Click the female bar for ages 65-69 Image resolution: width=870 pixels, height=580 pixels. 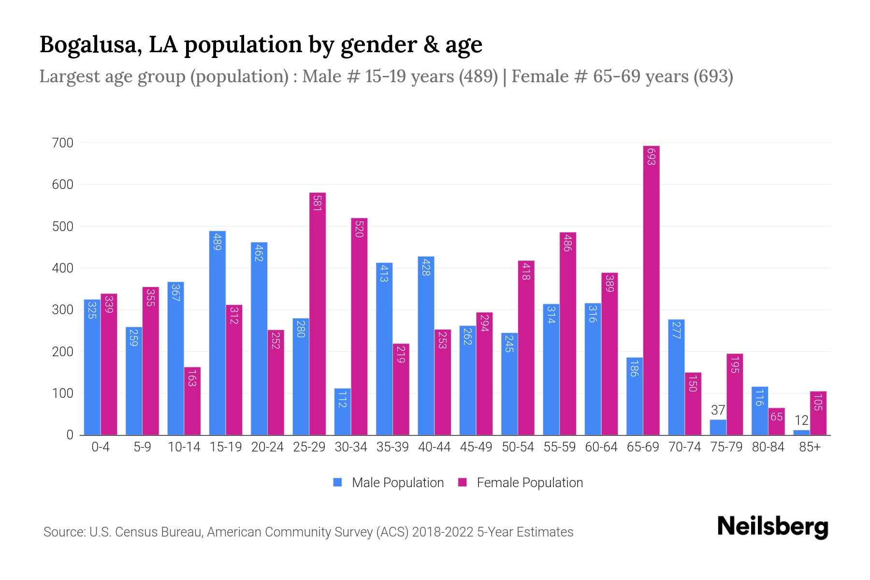(651, 290)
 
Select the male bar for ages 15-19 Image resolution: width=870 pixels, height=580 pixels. (217, 333)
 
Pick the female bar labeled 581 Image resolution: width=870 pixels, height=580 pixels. (317, 314)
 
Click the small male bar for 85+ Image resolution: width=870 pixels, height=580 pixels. (801, 433)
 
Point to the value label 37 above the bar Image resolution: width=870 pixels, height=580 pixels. (718, 410)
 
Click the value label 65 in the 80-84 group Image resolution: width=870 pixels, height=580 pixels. (776, 417)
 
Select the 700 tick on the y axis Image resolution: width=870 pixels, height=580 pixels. (63, 143)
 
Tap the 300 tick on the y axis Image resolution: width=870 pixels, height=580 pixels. (63, 310)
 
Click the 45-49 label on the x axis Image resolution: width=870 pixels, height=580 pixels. (476, 447)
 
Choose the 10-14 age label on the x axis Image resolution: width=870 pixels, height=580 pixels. (184, 447)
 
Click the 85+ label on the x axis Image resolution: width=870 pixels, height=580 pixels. (810, 447)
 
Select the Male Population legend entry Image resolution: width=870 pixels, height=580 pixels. (389, 483)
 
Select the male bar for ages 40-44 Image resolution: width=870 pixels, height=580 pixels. (426, 346)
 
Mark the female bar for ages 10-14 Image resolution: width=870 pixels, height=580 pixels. (192, 401)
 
